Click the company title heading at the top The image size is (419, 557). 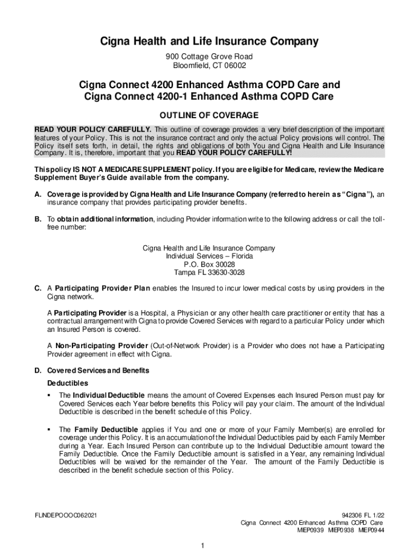point(209,41)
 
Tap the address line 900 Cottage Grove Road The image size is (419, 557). point(209,57)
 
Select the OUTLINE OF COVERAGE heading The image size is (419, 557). point(209,115)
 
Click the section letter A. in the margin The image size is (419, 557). point(38,194)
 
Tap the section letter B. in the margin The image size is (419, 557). point(38,219)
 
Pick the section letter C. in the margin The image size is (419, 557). point(38,288)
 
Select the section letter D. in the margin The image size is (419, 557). point(38,371)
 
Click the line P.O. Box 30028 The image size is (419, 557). point(209,264)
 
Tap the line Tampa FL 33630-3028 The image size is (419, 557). point(209,273)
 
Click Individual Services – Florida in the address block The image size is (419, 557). point(209,256)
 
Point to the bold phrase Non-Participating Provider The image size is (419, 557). point(101,346)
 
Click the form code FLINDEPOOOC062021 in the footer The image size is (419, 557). point(66,515)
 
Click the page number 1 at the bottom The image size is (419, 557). point(202,546)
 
